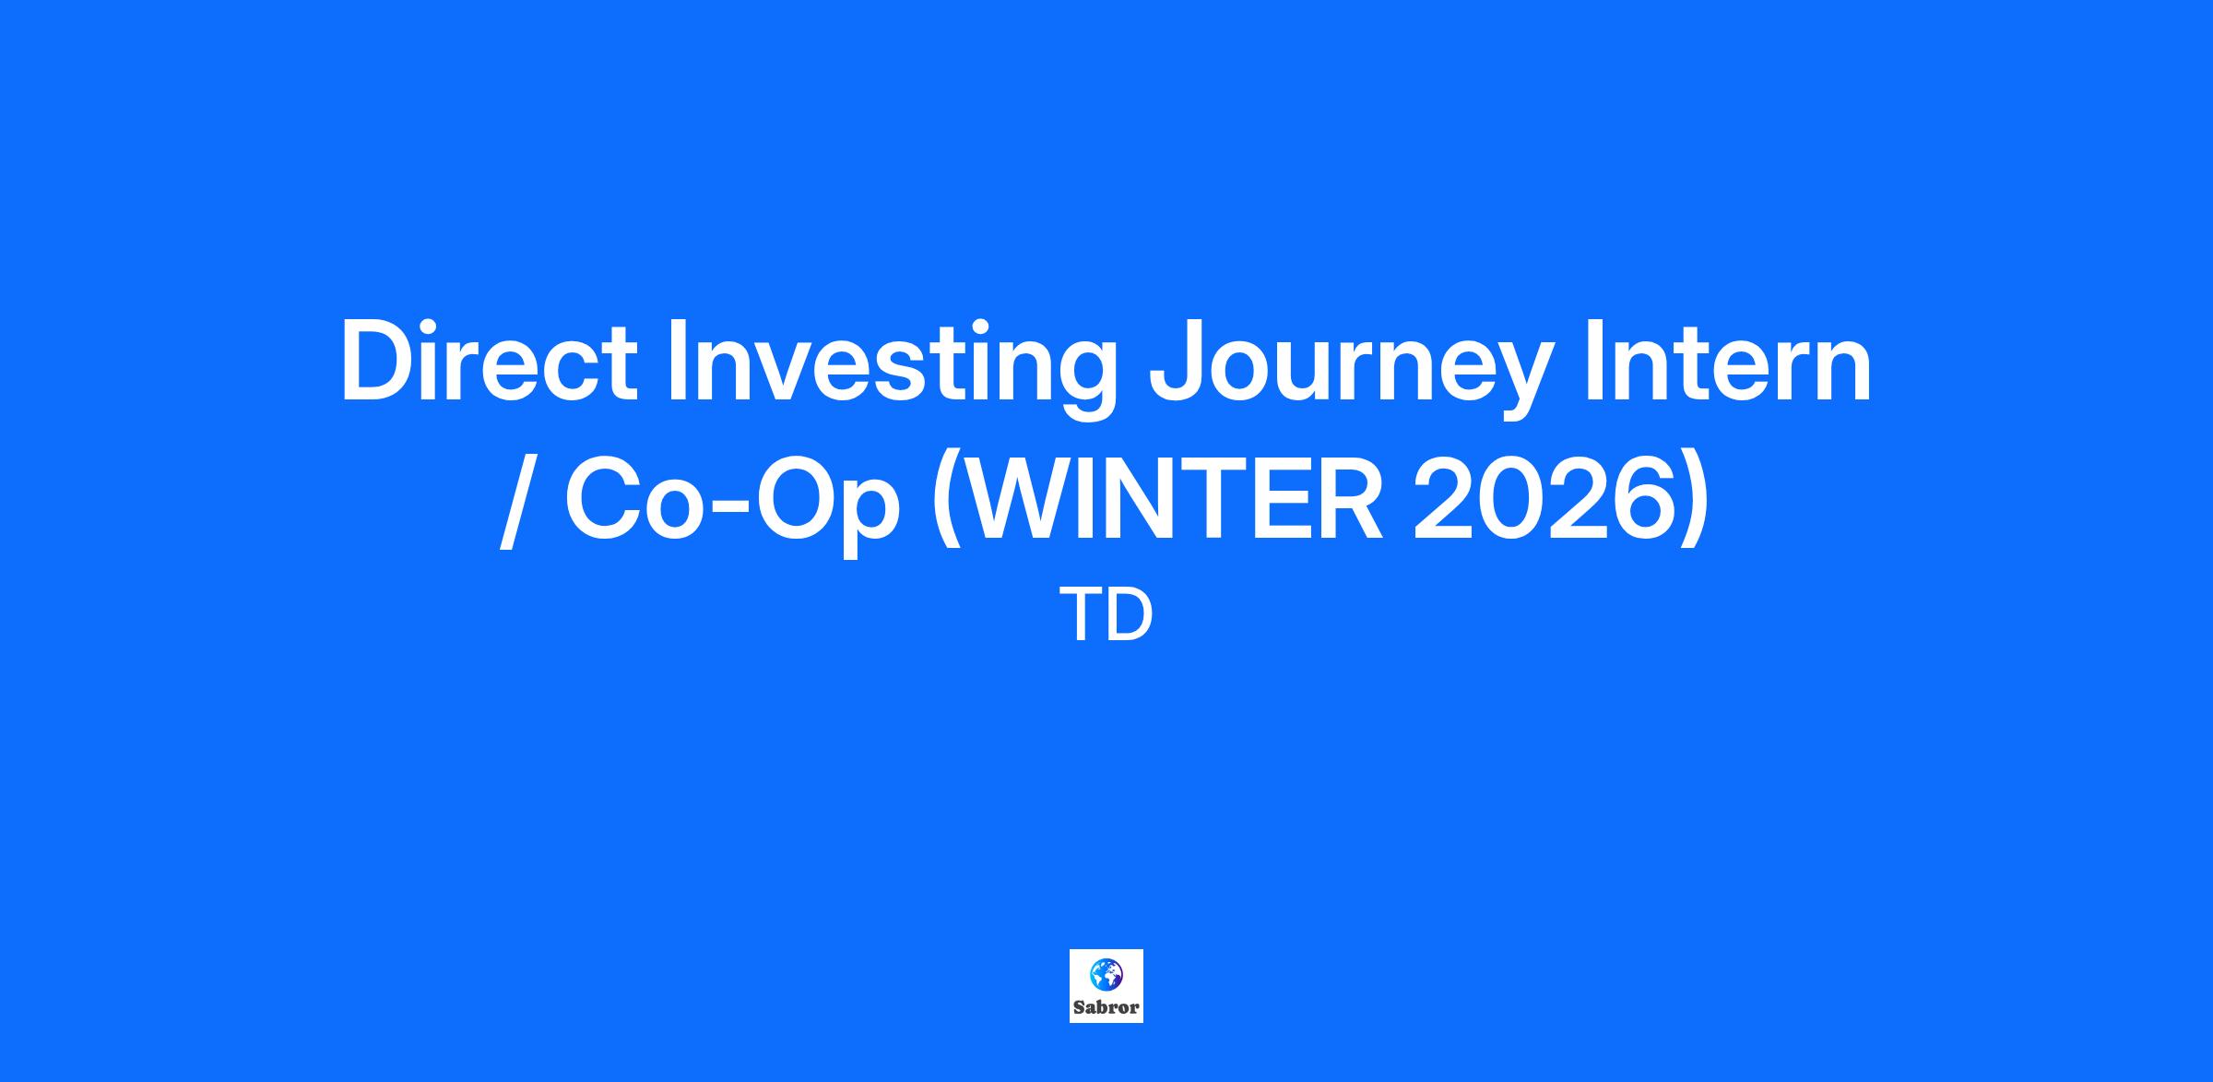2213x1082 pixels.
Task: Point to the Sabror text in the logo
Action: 1106,1007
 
